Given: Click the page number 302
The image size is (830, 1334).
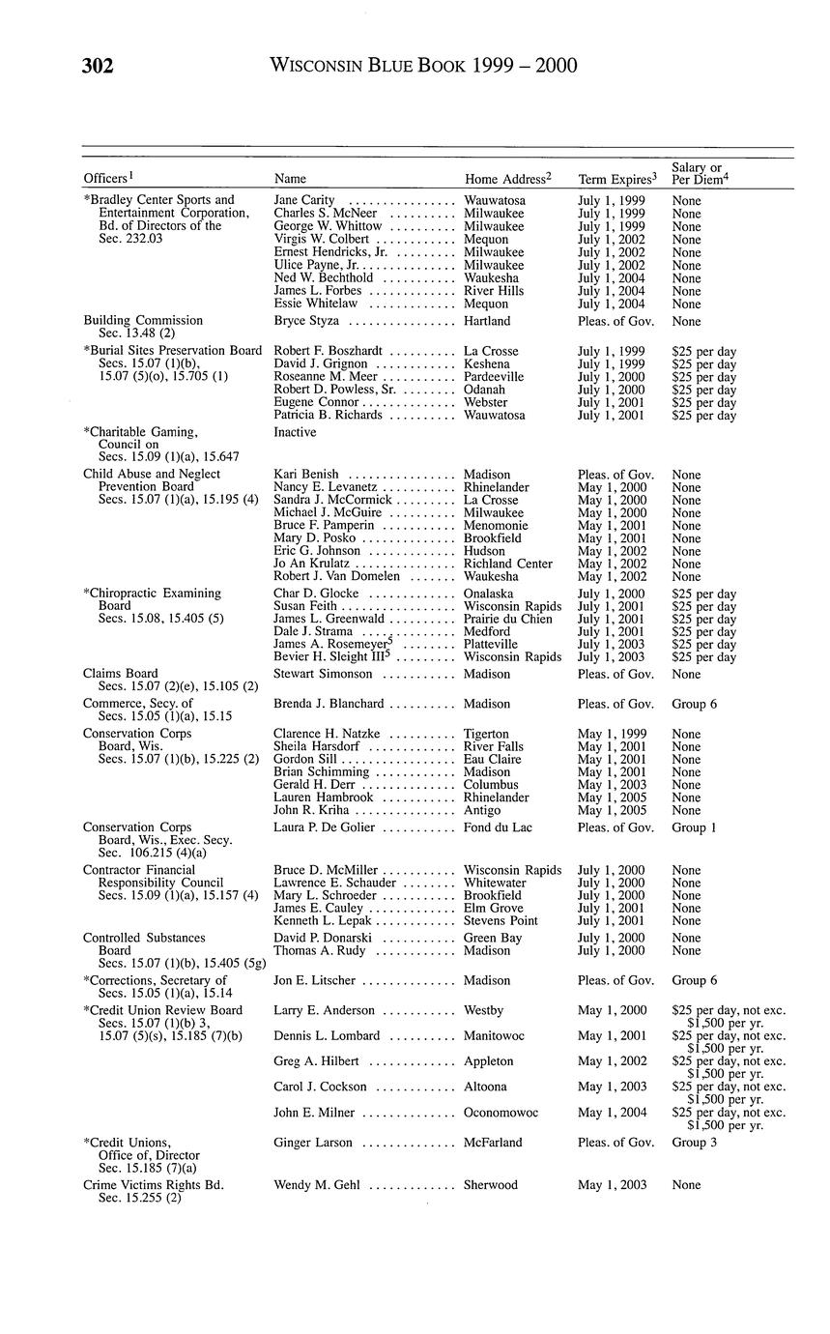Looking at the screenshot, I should pos(98,66).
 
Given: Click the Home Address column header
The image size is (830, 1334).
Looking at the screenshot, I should pos(507,179).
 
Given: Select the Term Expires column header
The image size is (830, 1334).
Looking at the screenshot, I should pos(615,179).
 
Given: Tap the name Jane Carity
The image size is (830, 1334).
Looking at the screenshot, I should pos(304,200).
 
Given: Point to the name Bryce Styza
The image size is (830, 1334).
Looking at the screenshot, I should pos(306,320).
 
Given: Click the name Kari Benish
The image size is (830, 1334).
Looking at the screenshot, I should pos(306,475).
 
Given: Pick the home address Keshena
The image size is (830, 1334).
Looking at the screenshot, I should pos(487,363).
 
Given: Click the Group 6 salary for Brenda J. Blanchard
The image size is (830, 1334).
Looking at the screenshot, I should pos(695,704).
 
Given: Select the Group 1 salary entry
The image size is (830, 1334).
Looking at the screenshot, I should pos(694,827).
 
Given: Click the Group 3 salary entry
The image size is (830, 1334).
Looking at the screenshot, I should pos(695,1143).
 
